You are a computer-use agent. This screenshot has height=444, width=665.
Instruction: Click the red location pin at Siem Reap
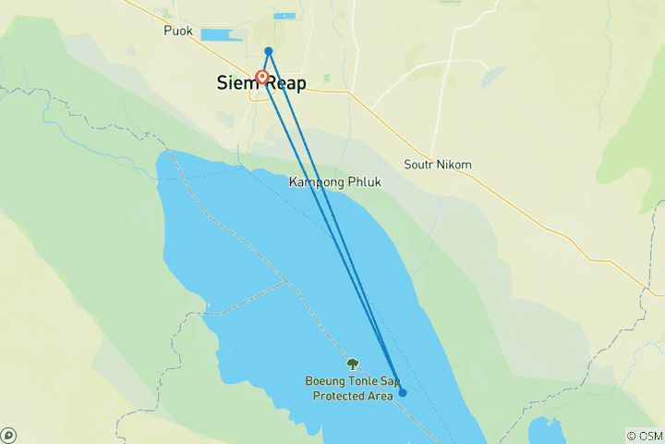coord(262,77)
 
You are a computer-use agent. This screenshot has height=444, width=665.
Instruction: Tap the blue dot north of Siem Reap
coord(268,51)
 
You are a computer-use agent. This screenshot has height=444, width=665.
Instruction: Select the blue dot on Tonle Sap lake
coord(402,393)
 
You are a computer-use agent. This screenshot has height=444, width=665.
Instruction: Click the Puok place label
coord(177,31)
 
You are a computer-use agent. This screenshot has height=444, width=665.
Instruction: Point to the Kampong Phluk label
coord(334,182)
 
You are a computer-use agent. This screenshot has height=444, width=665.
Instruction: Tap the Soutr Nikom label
coord(438,165)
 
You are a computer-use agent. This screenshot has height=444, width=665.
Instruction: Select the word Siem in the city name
coord(236,83)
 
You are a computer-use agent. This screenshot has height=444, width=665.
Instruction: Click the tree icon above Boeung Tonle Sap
coord(352,364)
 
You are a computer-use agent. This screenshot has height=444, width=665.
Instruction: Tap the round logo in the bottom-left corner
coord(8,435)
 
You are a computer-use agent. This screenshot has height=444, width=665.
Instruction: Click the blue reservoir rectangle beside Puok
coord(222,35)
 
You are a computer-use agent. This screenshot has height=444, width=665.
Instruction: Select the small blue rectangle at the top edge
coord(284,16)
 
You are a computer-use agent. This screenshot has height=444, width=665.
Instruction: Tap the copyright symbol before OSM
coord(631,436)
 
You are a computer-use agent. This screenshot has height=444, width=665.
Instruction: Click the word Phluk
coord(363,182)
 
